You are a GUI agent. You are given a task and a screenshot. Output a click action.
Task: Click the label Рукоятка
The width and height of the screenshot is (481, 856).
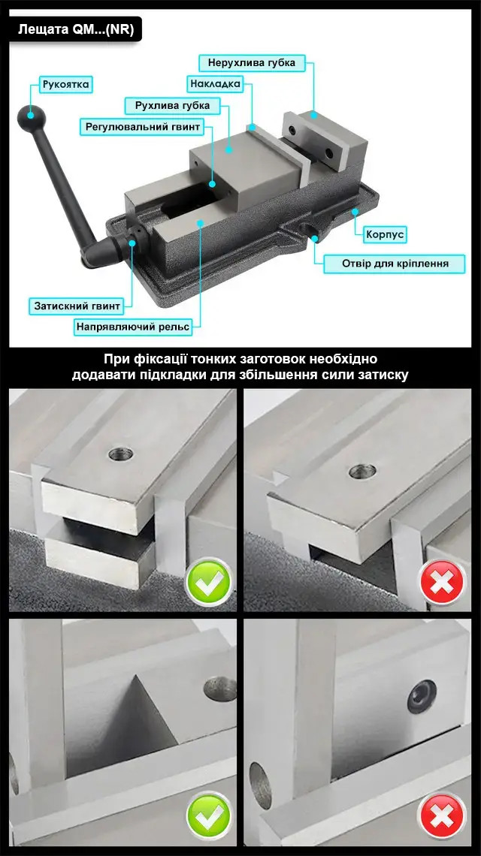coord(65,85)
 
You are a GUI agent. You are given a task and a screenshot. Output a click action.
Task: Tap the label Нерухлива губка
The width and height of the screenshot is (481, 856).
coord(252,63)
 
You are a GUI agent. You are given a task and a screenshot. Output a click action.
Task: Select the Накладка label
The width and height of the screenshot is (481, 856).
coord(215,84)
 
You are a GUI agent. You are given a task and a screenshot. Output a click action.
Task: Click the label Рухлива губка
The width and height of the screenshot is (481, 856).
coord(172,105)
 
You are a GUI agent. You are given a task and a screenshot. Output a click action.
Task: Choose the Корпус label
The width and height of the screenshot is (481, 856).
coord(386,235)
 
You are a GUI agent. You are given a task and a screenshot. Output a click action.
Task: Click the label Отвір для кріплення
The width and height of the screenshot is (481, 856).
coord(395,264)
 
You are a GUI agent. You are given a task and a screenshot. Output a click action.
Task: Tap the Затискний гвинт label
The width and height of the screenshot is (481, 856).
coord(77,306)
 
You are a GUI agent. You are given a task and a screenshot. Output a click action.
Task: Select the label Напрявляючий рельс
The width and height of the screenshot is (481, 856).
coord(133,327)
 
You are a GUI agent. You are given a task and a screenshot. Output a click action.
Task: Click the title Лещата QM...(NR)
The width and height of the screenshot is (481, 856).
coord(76,29)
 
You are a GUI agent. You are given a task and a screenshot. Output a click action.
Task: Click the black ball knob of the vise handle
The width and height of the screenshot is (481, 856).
coord(31,115)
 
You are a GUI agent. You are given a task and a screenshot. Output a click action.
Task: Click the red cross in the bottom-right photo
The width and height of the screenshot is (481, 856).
coord(443,816)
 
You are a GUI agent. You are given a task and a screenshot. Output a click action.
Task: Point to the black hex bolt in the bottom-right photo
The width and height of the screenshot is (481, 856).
coord(422,696)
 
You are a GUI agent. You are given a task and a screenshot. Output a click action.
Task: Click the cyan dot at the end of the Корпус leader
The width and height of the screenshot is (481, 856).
coord(355,211)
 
